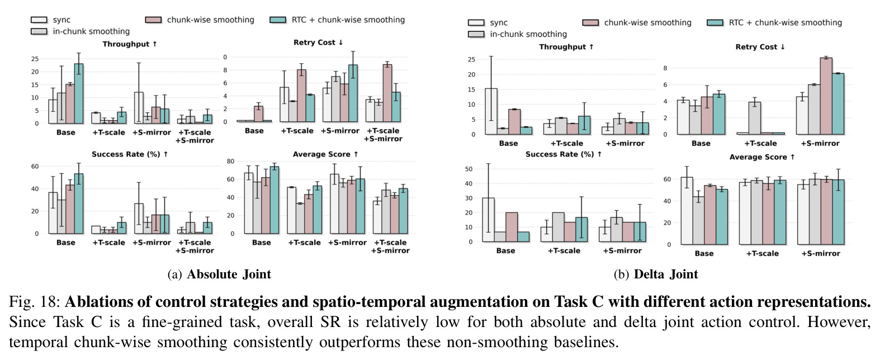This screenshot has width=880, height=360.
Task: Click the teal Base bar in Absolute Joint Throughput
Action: point(79,93)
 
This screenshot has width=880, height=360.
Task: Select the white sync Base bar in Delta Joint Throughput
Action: point(491,111)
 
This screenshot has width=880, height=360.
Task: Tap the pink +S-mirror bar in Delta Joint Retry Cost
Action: point(826,96)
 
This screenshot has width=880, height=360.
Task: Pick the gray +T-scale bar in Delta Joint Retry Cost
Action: point(755,119)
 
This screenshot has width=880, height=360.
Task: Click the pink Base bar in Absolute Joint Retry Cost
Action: point(258,114)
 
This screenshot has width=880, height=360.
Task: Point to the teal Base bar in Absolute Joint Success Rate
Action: point(79,203)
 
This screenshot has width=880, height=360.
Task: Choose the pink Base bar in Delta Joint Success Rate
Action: point(512,227)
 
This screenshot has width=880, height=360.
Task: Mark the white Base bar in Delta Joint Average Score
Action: point(687,211)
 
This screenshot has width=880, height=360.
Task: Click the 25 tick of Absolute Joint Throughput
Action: point(35,59)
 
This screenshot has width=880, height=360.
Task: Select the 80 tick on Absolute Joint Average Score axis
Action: point(230,161)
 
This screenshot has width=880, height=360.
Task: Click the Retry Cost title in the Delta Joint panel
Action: point(760,47)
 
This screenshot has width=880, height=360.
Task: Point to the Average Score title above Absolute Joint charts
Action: point(326,154)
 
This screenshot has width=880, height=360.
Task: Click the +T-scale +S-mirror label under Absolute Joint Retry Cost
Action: point(383,135)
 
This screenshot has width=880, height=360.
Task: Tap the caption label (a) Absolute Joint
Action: point(219,274)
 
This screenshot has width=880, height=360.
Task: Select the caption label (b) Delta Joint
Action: point(656,274)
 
